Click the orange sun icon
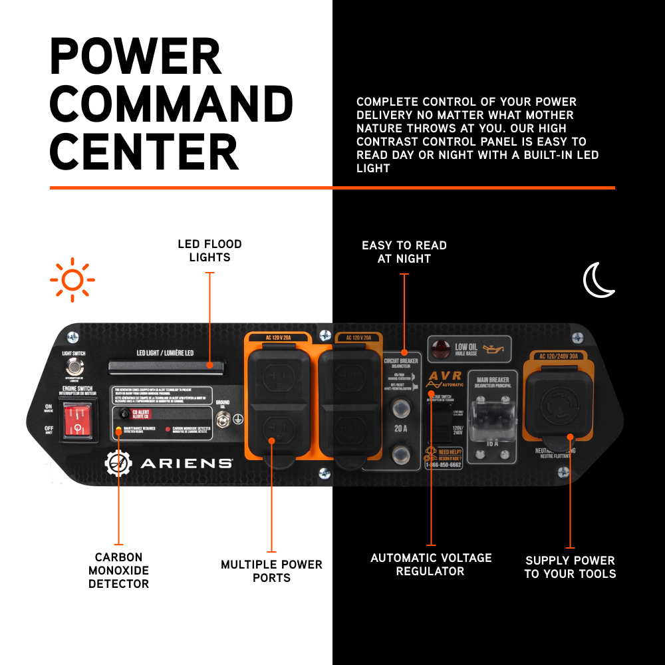click(x=72, y=280)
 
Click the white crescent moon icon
click(x=598, y=280)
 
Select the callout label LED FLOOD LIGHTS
click(x=209, y=251)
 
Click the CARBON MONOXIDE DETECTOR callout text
click(x=118, y=571)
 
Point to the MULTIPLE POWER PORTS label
click(x=271, y=571)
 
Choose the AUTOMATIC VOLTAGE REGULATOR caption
click(x=431, y=565)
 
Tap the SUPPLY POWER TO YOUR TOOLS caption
click(x=570, y=567)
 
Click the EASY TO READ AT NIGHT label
click(x=404, y=252)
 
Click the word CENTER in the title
click(x=144, y=152)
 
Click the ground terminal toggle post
click(x=223, y=419)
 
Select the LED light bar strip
click(x=167, y=365)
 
